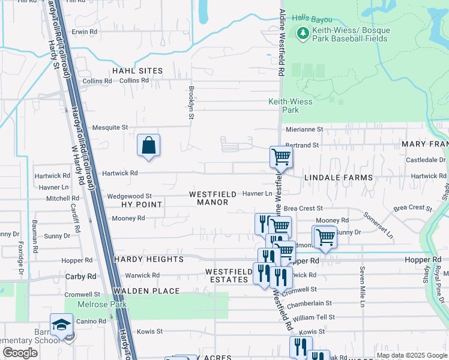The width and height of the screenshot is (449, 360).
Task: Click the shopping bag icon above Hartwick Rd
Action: tap(148, 146)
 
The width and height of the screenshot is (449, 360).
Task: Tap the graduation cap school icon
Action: tap(61, 325)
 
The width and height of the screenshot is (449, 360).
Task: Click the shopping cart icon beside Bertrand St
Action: tap(280, 157)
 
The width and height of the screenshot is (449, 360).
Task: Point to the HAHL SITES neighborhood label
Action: tap(137, 71)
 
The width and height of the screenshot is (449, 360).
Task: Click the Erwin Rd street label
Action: tap(85, 32)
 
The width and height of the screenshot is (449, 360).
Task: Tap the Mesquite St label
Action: tap(110, 127)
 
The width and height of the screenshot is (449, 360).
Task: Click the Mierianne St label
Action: tap(304, 129)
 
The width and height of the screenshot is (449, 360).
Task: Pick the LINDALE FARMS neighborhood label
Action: tap(339, 178)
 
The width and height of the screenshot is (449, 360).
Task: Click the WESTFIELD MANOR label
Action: tap(209, 198)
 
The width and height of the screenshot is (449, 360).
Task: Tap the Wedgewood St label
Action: tap(129, 196)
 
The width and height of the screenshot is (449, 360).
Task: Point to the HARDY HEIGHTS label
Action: tap(148, 259)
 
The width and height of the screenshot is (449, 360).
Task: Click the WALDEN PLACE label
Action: tap(146, 291)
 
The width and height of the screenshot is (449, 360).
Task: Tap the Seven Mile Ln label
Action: tap(363, 287)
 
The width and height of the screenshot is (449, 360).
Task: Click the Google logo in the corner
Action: tap(20, 353)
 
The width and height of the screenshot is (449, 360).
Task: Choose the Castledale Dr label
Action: tap(426, 160)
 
